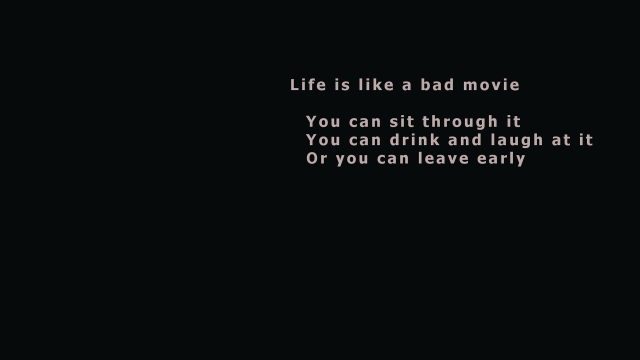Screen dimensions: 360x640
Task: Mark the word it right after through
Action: [x=514, y=122]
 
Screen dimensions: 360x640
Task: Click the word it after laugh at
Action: [x=586, y=140]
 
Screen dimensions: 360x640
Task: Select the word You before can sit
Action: [x=323, y=122]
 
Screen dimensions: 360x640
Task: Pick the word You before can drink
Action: [x=323, y=140]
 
